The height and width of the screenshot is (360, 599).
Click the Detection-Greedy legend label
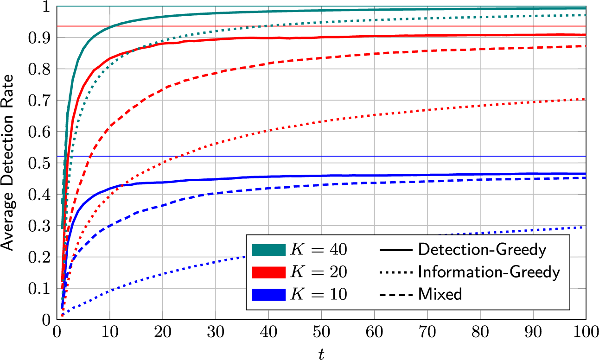point(482,250)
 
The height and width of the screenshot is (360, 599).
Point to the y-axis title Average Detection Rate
point(8,163)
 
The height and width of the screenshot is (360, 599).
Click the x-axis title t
point(321,354)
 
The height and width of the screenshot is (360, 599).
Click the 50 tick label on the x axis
point(321,333)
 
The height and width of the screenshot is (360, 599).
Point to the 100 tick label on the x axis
point(585,333)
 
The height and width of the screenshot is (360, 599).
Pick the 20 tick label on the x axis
point(163,333)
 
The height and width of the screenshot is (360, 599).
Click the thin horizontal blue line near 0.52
point(325,156)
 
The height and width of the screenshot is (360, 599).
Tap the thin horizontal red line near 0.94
point(325,26)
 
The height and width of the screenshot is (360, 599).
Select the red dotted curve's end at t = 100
point(585,99)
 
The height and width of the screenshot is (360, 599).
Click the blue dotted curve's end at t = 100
point(585,227)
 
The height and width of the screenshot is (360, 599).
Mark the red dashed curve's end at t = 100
point(585,46)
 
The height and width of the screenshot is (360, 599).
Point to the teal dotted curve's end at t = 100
point(585,15)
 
